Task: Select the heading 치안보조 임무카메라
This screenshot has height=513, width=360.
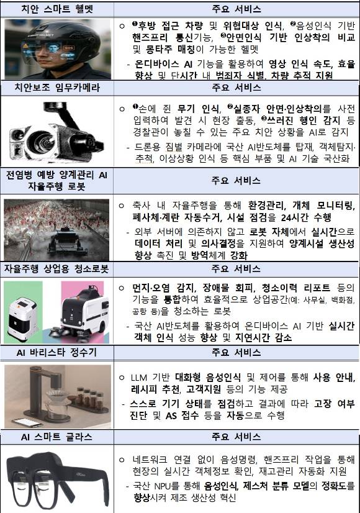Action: click(57, 88)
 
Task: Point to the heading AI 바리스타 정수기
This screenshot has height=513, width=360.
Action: click(57, 353)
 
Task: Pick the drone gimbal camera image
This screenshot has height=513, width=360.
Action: click(57, 132)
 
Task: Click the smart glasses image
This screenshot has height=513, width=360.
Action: click(57, 478)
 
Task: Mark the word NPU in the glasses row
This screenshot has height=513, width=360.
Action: click(168, 486)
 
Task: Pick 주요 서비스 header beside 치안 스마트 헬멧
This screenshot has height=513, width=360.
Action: click(236, 9)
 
